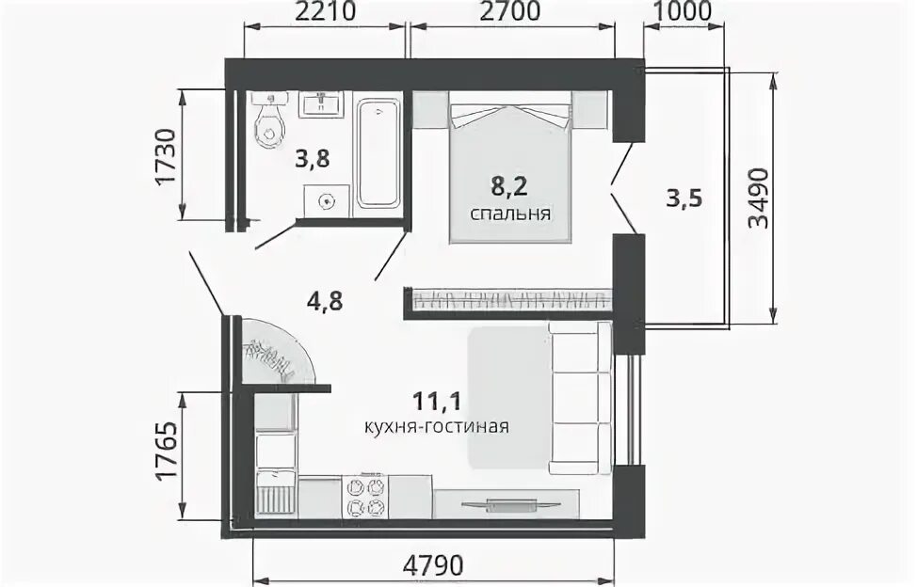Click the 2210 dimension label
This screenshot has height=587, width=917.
(x=325, y=12)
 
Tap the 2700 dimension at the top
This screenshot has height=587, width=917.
(x=509, y=12)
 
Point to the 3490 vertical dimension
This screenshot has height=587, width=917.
(x=759, y=199)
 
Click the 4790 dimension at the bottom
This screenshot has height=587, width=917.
(x=433, y=565)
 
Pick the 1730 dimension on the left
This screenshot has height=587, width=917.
(x=166, y=156)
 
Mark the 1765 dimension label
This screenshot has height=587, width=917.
(x=166, y=449)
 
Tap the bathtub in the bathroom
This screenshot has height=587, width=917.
(x=378, y=154)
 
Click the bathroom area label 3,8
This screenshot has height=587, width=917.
(x=313, y=159)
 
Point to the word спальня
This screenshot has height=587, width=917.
(x=510, y=214)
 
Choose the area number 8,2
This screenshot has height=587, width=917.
(x=509, y=187)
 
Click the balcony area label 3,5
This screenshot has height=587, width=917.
(x=684, y=199)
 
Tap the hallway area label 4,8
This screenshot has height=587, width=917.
(x=324, y=302)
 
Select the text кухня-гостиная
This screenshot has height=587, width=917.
(x=436, y=427)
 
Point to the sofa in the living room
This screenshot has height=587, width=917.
(x=580, y=398)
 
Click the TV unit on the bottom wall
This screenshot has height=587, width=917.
(x=507, y=503)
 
